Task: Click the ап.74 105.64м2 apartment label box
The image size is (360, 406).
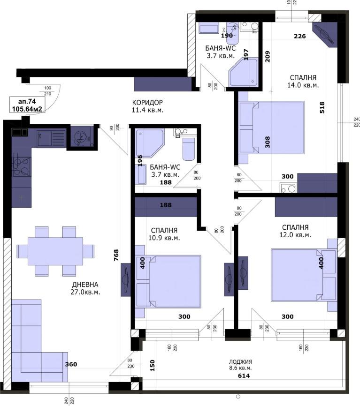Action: tap(27, 105)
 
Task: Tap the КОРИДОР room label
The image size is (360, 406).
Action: tap(147, 102)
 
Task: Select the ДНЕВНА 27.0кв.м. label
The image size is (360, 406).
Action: tap(85, 288)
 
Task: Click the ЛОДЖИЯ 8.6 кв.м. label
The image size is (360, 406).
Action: tap(240, 365)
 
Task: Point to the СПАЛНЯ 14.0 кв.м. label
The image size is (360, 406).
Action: tap(303, 81)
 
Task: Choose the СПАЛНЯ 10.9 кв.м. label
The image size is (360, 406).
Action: tap(164, 234)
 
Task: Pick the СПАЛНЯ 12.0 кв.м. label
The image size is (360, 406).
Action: tap(295, 231)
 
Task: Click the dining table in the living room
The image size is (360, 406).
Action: tap(55, 251)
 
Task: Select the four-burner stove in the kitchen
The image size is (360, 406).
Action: tap(22, 167)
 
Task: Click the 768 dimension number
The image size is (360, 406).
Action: tap(116, 255)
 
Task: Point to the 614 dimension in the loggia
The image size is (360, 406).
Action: tap(244, 376)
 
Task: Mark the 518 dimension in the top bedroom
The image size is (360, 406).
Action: tap(322, 107)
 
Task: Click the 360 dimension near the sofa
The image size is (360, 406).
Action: tap(71, 364)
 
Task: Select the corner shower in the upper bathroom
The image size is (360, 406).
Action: tap(243, 72)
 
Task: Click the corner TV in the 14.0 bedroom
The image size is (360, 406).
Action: tap(325, 34)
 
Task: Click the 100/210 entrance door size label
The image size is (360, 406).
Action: tap(48, 91)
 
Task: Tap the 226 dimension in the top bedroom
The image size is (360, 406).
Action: tap(300, 36)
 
